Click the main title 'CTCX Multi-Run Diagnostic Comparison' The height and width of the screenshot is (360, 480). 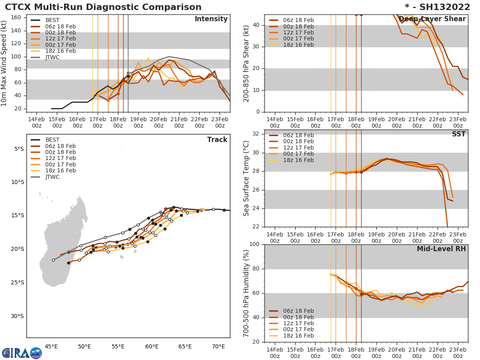[103, 7]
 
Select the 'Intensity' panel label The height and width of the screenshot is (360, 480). [211, 19]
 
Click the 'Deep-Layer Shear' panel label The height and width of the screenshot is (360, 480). [432, 19]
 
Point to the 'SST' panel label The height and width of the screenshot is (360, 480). [458, 134]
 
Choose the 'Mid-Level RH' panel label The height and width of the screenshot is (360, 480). [441, 249]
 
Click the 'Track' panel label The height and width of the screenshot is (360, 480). [217, 140]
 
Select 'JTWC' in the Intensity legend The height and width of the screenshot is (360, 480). [52, 57]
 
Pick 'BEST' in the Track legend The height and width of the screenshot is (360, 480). [52, 140]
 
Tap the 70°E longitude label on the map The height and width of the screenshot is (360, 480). [218, 346]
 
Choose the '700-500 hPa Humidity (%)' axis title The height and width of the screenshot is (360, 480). [246, 293]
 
